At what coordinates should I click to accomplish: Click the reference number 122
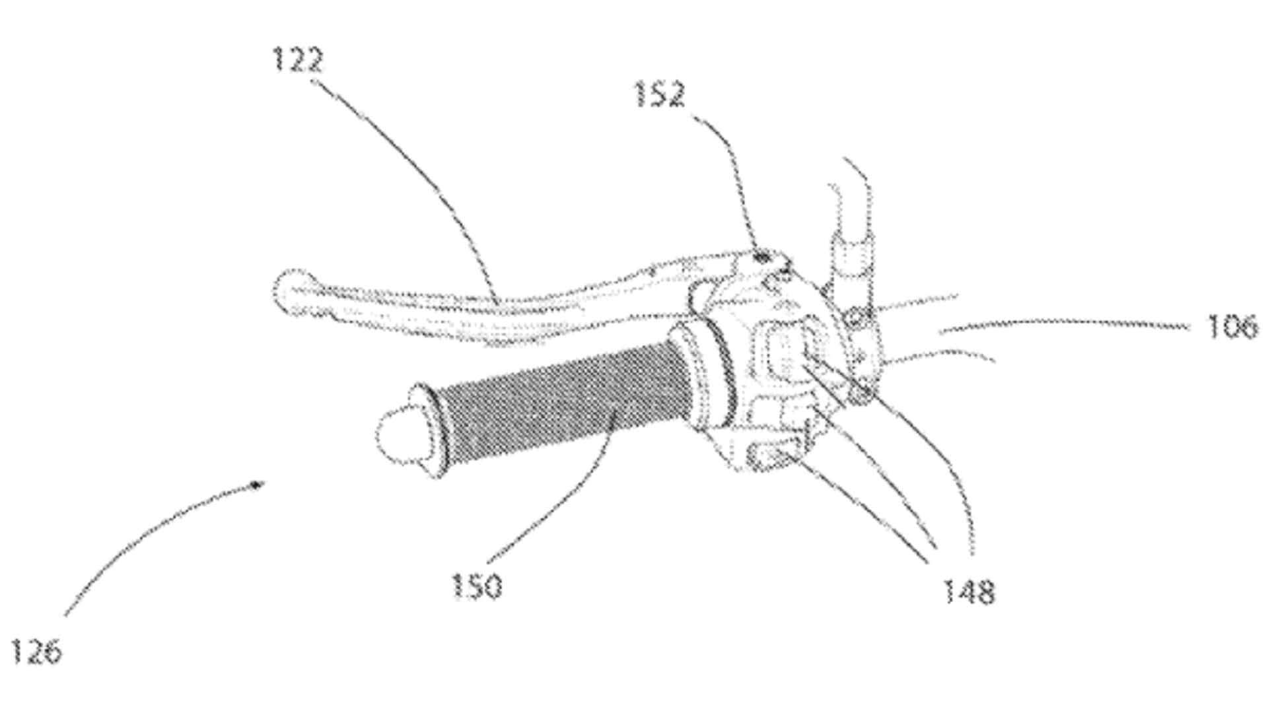pyautogui.click(x=298, y=60)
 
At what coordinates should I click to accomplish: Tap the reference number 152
pyautogui.click(x=660, y=94)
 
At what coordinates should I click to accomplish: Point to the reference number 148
pyautogui.click(x=968, y=592)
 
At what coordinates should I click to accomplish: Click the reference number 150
pyautogui.click(x=477, y=586)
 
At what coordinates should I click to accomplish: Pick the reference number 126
pyautogui.click(x=37, y=651)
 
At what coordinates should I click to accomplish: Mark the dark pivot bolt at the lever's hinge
pyautogui.click(x=762, y=256)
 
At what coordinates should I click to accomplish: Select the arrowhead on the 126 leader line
pyautogui.click(x=257, y=485)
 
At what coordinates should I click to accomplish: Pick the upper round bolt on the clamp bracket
pyautogui.click(x=855, y=320)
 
